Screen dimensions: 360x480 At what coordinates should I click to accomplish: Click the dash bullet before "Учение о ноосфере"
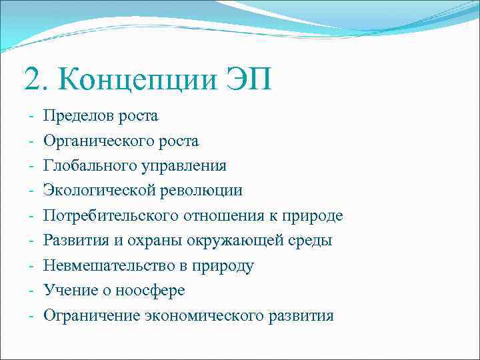point(31,291)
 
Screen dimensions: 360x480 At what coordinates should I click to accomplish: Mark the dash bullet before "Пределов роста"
point(31,116)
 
